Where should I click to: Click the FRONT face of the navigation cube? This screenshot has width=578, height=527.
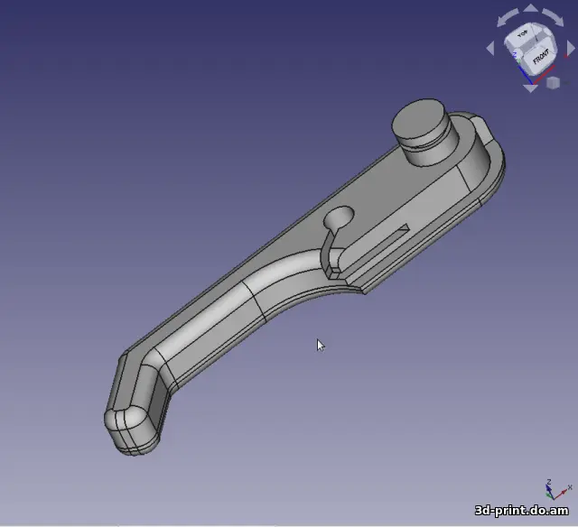click(x=539, y=60)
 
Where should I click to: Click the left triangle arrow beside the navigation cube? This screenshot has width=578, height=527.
click(x=493, y=49)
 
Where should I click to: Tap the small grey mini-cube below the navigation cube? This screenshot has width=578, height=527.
click(x=554, y=82)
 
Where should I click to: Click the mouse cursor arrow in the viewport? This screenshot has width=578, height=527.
click(x=320, y=345)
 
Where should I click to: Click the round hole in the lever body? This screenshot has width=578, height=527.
click(x=340, y=217)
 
